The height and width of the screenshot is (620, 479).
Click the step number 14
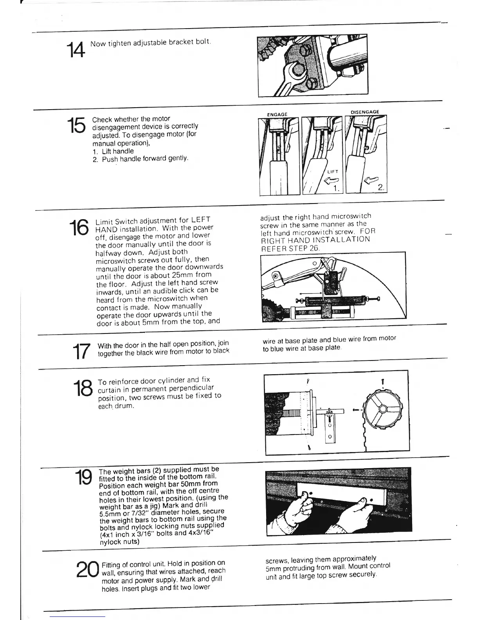74,50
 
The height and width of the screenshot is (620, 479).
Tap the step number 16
79,228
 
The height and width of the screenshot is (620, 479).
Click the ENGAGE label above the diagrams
277,114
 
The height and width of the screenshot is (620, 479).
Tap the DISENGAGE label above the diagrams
365,112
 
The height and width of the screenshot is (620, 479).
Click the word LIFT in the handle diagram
333,171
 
